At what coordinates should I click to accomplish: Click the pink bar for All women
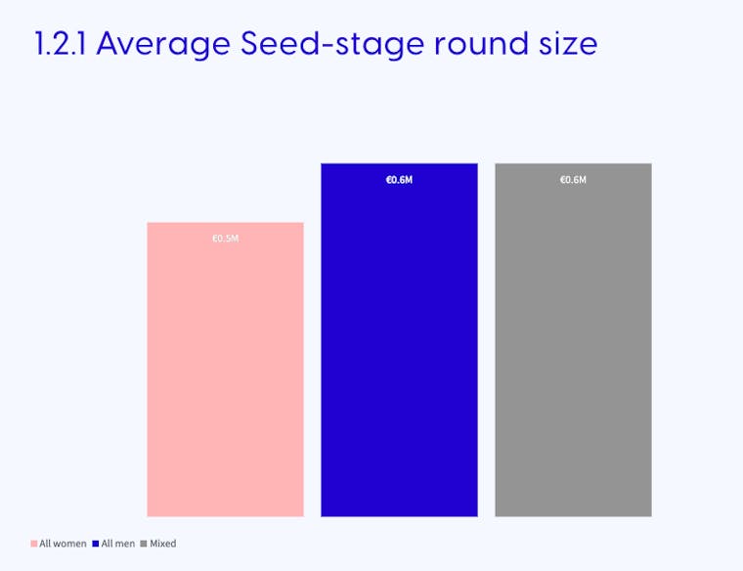tap(225, 370)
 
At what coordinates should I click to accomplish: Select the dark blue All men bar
tap(399, 339)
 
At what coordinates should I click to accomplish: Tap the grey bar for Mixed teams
tap(573, 339)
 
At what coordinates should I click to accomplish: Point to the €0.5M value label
tap(226, 239)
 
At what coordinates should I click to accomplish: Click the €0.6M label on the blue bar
tap(400, 180)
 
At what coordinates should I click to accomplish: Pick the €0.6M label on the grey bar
tap(573, 180)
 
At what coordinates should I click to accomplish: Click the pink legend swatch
tap(34, 544)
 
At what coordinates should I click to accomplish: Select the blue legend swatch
tap(96, 544)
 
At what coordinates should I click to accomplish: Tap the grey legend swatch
tap(144, 544)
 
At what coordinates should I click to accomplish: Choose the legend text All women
tap(63, 544)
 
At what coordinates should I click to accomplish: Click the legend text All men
tap(118, 544)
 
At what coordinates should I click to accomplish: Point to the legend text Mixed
tap(163, 544)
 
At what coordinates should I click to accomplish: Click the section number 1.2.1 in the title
tap(61, 44)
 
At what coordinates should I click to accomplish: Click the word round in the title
tap(481, 44)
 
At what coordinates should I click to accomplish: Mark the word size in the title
tap(568, 44)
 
